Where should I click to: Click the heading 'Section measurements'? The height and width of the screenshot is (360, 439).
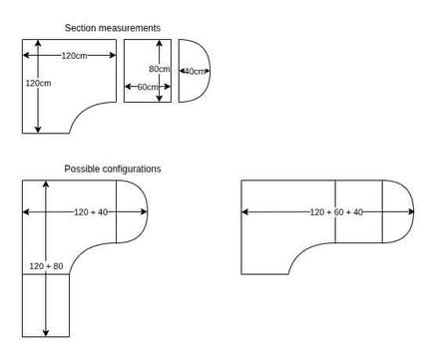[113, 28]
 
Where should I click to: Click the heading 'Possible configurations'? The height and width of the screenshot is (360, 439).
[113, 169]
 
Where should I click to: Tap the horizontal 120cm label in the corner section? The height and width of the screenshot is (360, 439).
[74, 56]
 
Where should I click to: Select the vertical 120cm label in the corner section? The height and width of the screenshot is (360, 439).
[39, 83]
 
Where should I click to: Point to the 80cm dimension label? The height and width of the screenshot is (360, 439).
[160, 69]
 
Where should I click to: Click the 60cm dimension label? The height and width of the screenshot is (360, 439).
[148, 87]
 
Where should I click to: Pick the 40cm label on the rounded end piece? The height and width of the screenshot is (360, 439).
[195, 71]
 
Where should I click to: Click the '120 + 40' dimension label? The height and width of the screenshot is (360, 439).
[91, 212]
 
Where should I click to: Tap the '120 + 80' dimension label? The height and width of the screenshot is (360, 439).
[46, 266]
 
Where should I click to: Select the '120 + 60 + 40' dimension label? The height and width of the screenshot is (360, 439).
[336, 212]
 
